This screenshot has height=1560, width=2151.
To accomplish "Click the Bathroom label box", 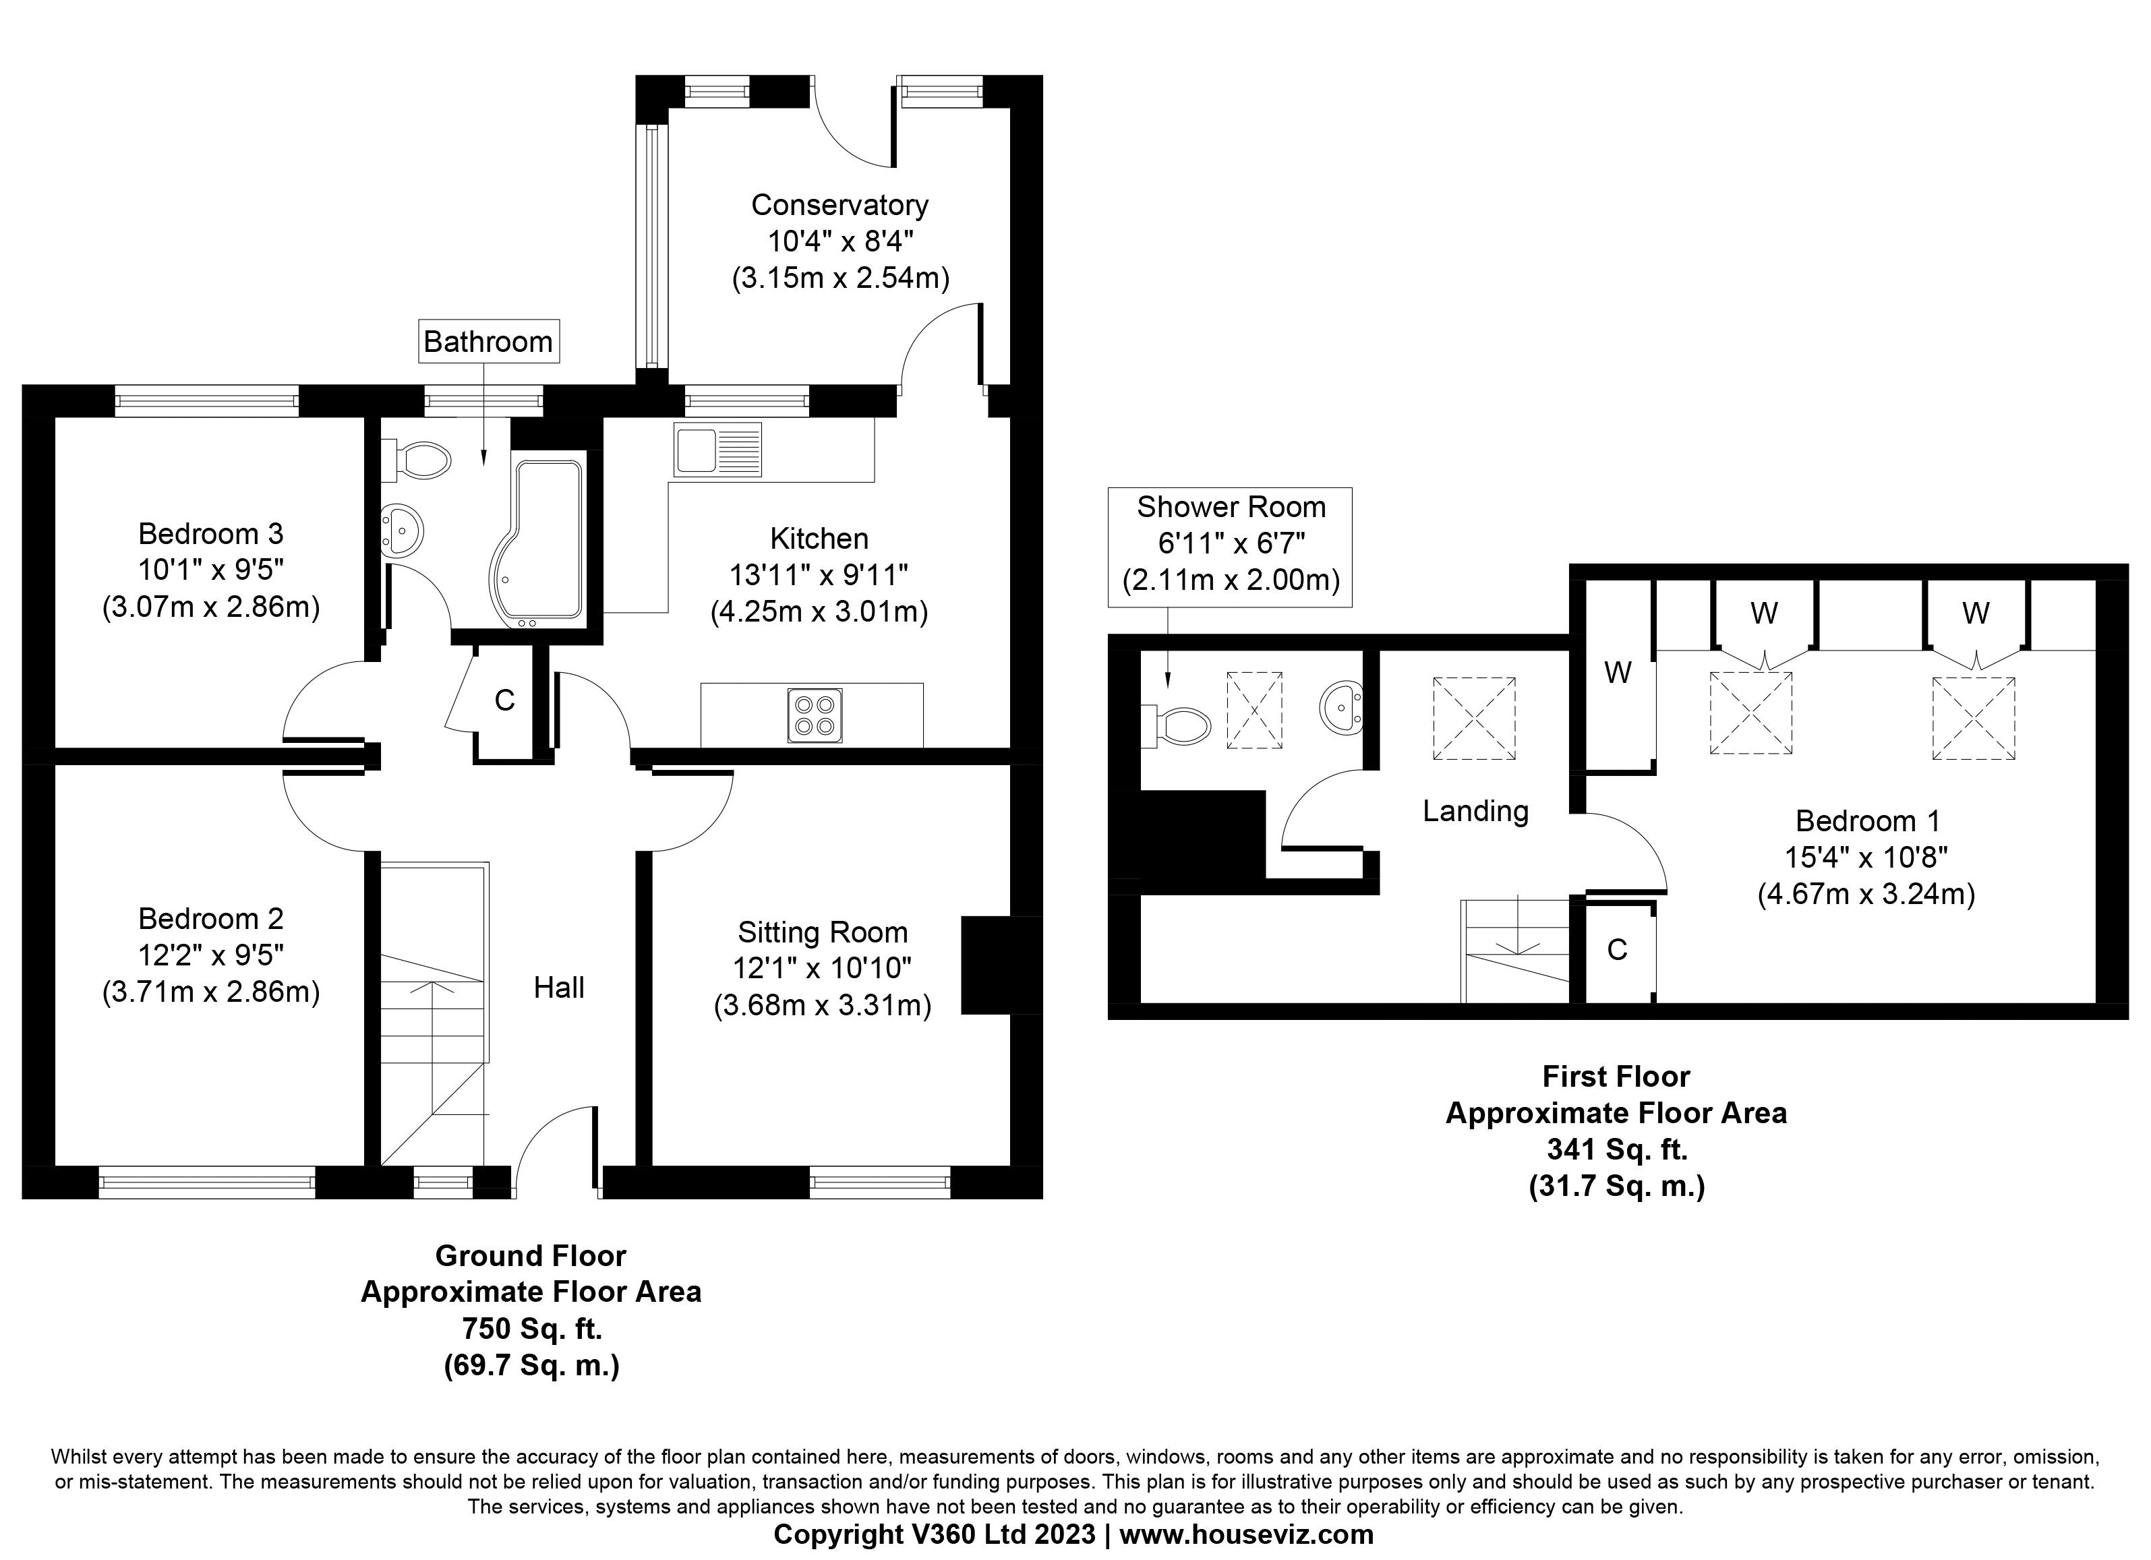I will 488,341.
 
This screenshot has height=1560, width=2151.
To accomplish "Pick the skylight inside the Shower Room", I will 1254,711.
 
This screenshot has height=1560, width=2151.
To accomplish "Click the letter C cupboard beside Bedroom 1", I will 1617,949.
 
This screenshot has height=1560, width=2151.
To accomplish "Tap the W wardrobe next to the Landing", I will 1617,672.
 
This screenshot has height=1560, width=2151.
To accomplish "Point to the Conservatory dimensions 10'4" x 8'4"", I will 839,241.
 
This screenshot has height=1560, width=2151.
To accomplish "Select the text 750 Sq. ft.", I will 531,1329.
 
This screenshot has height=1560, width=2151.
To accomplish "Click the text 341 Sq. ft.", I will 1616,1149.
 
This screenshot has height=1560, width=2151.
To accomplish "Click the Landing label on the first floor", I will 1475,811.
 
